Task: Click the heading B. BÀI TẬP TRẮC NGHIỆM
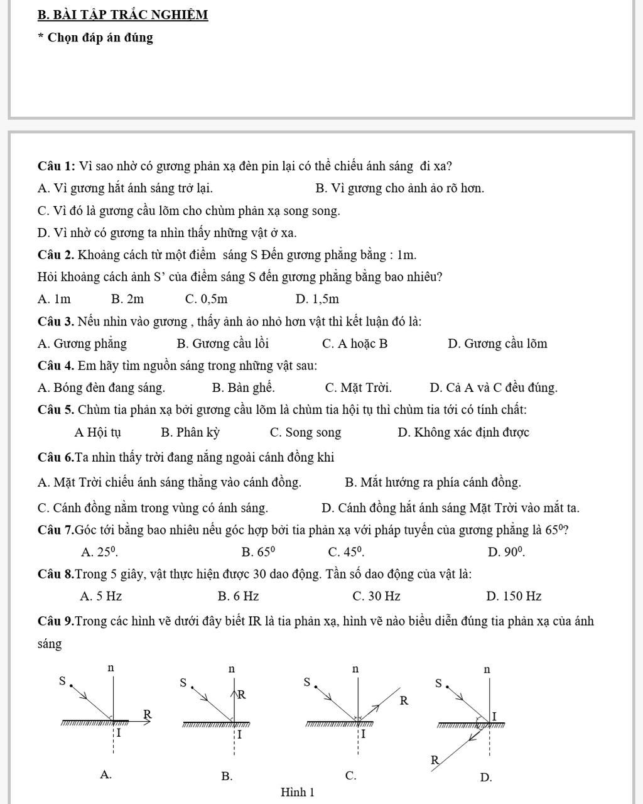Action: (x=122, y=14)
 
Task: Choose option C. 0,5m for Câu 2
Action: (x=207, y=299)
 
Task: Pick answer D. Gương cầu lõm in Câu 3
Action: (x=497, y=344)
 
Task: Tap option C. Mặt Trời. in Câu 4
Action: (x=358, y=388)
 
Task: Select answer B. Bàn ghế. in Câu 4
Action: (x=243, y=388)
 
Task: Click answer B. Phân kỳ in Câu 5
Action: (x=190, y=432)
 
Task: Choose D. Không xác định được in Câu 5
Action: (x=463, y=432)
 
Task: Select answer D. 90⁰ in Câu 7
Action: (x=506, y=552)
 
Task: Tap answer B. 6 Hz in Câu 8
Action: (x=238, y=596)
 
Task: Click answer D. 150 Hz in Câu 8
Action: (x=514, y=596)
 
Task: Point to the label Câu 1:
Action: (x=57, y=166)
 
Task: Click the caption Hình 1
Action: (x=298, y=792)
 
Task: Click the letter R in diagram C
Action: (x=404, y=700)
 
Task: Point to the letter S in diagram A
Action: (x=62, y=680)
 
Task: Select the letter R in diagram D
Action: (x=434, y=759)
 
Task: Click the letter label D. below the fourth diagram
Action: (x=485, y=778)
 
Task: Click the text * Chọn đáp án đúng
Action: (x=95, y=38)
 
